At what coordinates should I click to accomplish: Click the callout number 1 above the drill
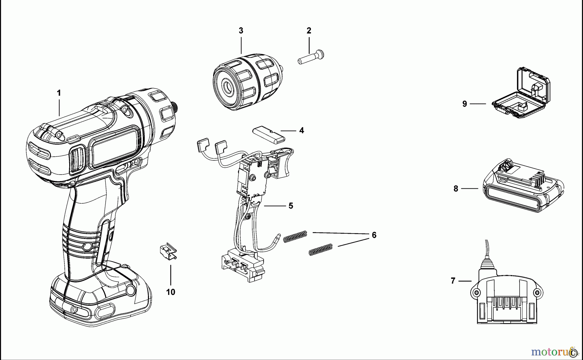tap(59, 93)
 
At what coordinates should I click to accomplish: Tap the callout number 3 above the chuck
tap(241, 31)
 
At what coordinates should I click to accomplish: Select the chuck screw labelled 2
tap(311, 58)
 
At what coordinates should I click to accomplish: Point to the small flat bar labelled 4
tap(268, 135)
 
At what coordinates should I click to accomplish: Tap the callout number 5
tap(291, 206)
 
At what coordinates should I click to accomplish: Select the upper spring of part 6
tap(295, 236)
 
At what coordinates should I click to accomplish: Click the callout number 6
tap(374, 235)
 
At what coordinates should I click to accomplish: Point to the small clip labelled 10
tap(168, 251)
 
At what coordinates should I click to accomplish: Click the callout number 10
tap(171, 292)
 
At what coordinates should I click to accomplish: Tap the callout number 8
tap(456, 189)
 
